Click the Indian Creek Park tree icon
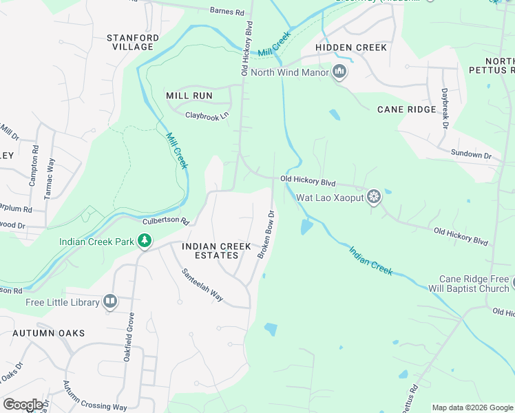tap(145, 241)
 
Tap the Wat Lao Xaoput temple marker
tap(374, 198)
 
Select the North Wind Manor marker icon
tap(339, 72)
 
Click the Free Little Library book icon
tap(110, 301)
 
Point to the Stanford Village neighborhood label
tap(133, 42)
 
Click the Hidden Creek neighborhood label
tap(351, 47)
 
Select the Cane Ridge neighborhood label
tap(406, 109)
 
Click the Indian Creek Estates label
tap(210, 251)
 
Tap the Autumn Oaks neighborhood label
tap(48, 333)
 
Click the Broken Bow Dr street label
tap(266, 234)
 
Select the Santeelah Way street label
tap(202, 284)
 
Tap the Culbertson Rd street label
tap(165, 221)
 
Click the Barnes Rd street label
tap(227, 11)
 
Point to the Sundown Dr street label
tap(471, 154)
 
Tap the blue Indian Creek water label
tap(370, 261)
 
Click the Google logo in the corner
tap(23, 405)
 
